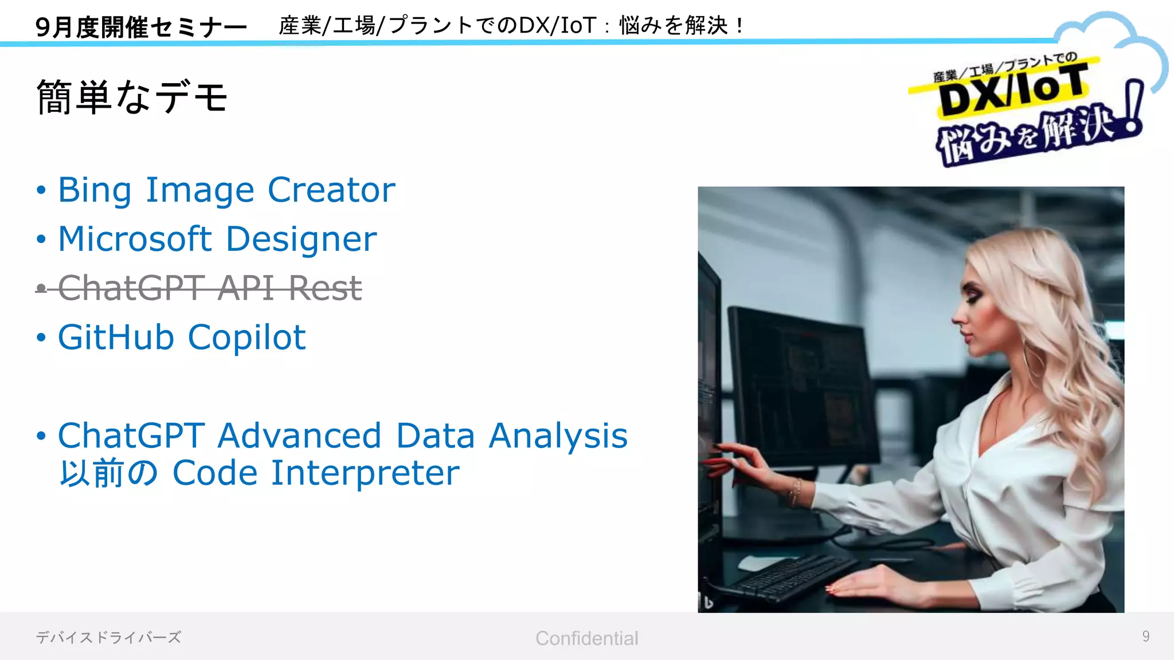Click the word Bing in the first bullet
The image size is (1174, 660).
click(95, 191)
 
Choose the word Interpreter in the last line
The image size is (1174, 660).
click(365, 473)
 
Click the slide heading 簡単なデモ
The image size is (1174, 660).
click(132, 97)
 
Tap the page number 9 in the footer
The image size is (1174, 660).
click(1145, 637)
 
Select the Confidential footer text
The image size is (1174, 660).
click(586, 638)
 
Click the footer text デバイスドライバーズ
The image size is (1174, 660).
click(108, 637)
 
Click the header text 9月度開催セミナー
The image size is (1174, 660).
click(141, 27)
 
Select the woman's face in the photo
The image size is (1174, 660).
click(980, 309)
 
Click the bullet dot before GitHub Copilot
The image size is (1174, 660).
click(41, 337)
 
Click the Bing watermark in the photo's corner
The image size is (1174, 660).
click(709, 602)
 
